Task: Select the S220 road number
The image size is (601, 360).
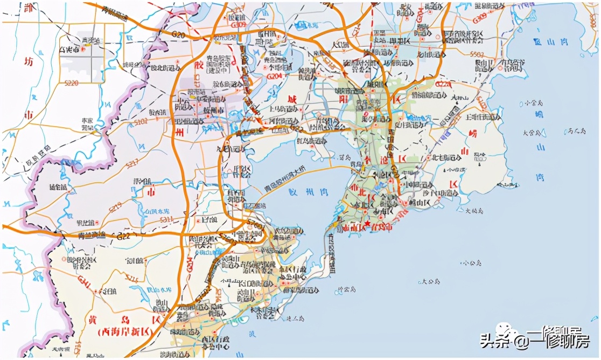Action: coord(71,82)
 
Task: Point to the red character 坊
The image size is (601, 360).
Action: coord(29,62)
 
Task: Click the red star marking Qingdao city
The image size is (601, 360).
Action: coord(367,223)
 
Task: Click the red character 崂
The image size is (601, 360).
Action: coord(473,134)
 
